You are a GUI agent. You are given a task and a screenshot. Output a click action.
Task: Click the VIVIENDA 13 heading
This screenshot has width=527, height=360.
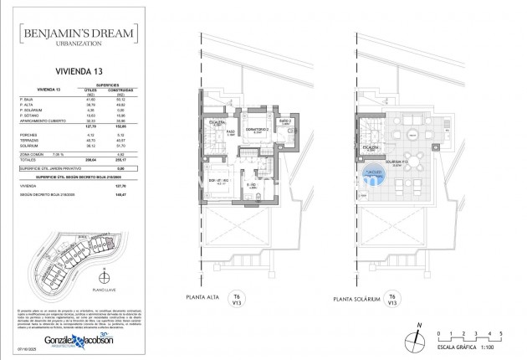point(80,73)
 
